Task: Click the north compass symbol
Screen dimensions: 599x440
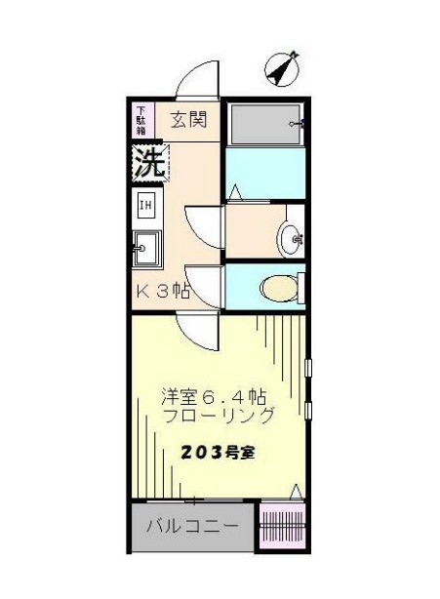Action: click(283, 67)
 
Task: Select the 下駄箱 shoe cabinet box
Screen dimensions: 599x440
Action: click(142, 120)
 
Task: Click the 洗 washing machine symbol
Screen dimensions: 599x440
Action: click(147, 161)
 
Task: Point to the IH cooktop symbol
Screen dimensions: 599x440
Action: click(145, 205)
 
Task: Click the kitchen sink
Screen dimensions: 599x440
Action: click(146, 248)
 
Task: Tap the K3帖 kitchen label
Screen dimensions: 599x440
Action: click(162, 291)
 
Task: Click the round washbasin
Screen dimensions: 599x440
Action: click(290, 237)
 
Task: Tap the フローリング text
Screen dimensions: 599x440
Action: click(219, 415)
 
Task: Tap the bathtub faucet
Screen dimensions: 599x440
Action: click(298, 124)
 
